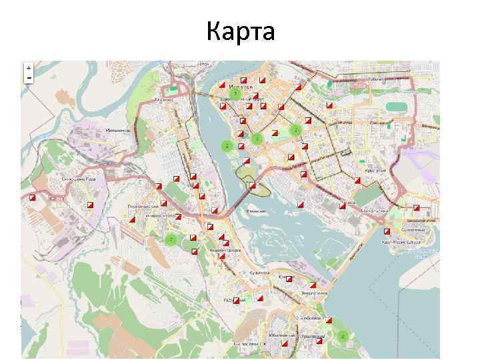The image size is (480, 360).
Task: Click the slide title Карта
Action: pyautogui.click(x=240, y=31)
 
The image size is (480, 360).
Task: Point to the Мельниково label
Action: pyautogui.click(x=117, y=131)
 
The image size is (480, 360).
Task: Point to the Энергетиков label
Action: pyautogui.click(x=314, y=293)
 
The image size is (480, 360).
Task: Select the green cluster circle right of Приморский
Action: pyautogui.click(x=343, y=337)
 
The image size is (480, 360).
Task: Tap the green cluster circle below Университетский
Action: pyautogui.click(x=171, y=239)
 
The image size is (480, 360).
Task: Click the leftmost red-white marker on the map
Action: pyautogui.click(x=31, y=197)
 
